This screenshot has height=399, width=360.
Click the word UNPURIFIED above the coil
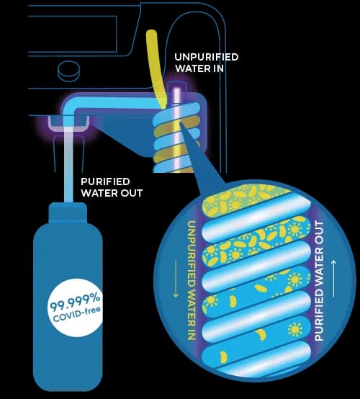pyautogui.click(x=207, y=57)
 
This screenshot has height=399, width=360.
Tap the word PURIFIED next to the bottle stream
pyautogui.click(x=105, y=181)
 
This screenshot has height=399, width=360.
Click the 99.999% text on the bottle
pyautogui.click(x=75, y=302)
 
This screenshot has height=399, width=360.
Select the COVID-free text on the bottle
pyautogui.click(x=76, y=315)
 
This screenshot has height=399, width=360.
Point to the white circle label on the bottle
pyautogui.click(x=75, y=308)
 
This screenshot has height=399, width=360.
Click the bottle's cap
pyautogui.click(x=68, y=212)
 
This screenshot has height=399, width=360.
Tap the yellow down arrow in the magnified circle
pyautogui.click(x=175, y=279)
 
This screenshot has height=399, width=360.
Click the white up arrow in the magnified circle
pyautogui.click(x=334, y=279)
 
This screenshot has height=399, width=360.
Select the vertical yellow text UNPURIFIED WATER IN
pyautogui.click(x=192, y=280)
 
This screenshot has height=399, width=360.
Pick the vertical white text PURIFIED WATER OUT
pyautogui.click(x=319, y=281)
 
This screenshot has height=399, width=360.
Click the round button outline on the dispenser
pyautogui.click(x=68, y=71)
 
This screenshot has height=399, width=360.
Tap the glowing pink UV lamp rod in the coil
pyautogui.click(x=177, y=128)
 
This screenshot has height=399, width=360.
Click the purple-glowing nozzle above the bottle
pyautogui.click(x=68, y=123)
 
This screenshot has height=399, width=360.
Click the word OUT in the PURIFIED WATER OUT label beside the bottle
pyautogui.click(x=132, y=193)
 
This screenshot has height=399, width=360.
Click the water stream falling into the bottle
pyautogui.click(x=68, y=165)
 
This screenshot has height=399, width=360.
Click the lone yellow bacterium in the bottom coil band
pyautogui.click(x=223, y=357)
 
